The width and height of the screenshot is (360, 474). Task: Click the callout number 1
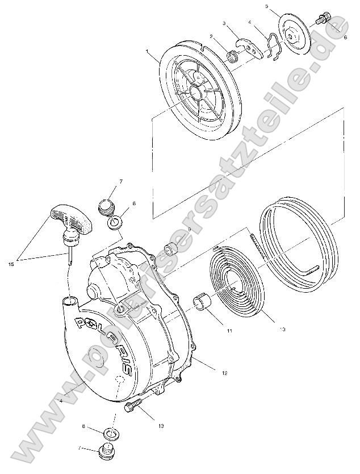pyautogui.click(x=148, y=51)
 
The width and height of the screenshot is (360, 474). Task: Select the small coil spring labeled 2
pyautogui.click(x=232, y=56)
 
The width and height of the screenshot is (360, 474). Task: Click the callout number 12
pyautogui.click(x=224, y=373)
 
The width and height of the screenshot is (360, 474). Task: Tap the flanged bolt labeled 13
pyautogui.click(x=132, y=406)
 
